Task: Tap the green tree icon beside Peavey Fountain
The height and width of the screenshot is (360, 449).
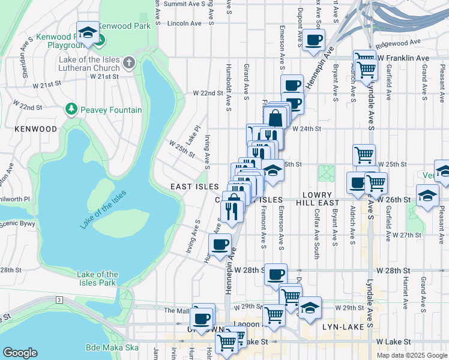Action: [x=71, y=109]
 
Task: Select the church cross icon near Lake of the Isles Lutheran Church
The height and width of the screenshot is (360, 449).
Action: [x=128, y=62]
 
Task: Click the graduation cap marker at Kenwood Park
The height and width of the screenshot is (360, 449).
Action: [x=88, y=33]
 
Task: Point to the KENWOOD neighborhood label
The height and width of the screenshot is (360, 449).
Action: [x=37, y=129]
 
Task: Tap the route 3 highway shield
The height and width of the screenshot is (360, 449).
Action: [x=59, y=299]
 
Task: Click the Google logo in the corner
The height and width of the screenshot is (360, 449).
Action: [x=20, y=352]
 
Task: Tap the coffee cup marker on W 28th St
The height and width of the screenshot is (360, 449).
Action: [x=276, y=275]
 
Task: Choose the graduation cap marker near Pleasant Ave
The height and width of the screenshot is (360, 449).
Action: [x=427, y=197]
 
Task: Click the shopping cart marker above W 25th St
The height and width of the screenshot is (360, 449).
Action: [x=363, y=154]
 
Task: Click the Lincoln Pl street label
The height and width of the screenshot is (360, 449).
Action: [x=183, y=23]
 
